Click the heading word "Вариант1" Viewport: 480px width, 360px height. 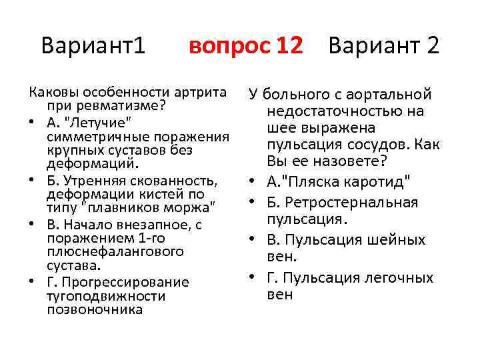click(x=93, y=46)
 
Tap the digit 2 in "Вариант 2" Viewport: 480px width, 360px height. click(x=432, y=46)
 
